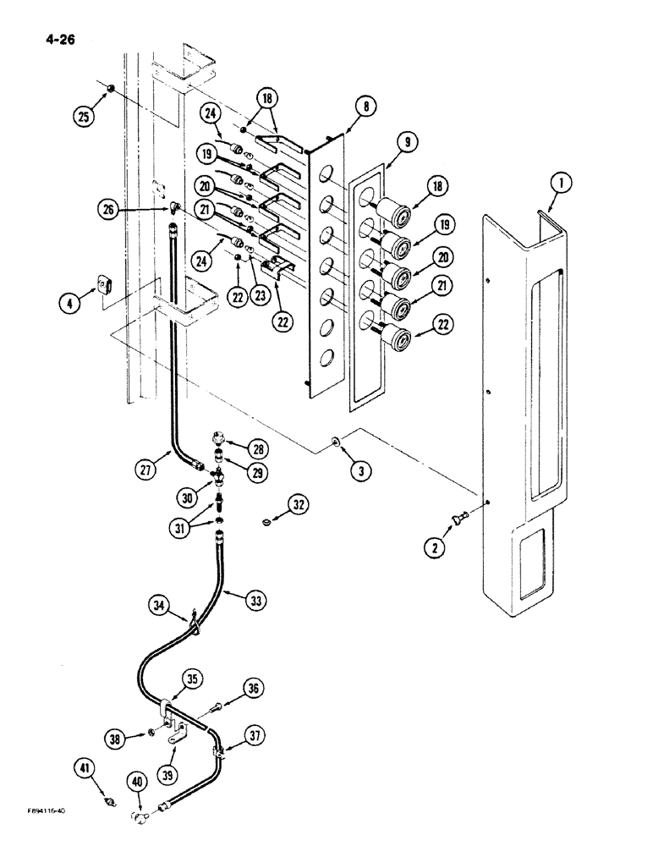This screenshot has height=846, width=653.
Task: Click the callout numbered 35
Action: (194, 679)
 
